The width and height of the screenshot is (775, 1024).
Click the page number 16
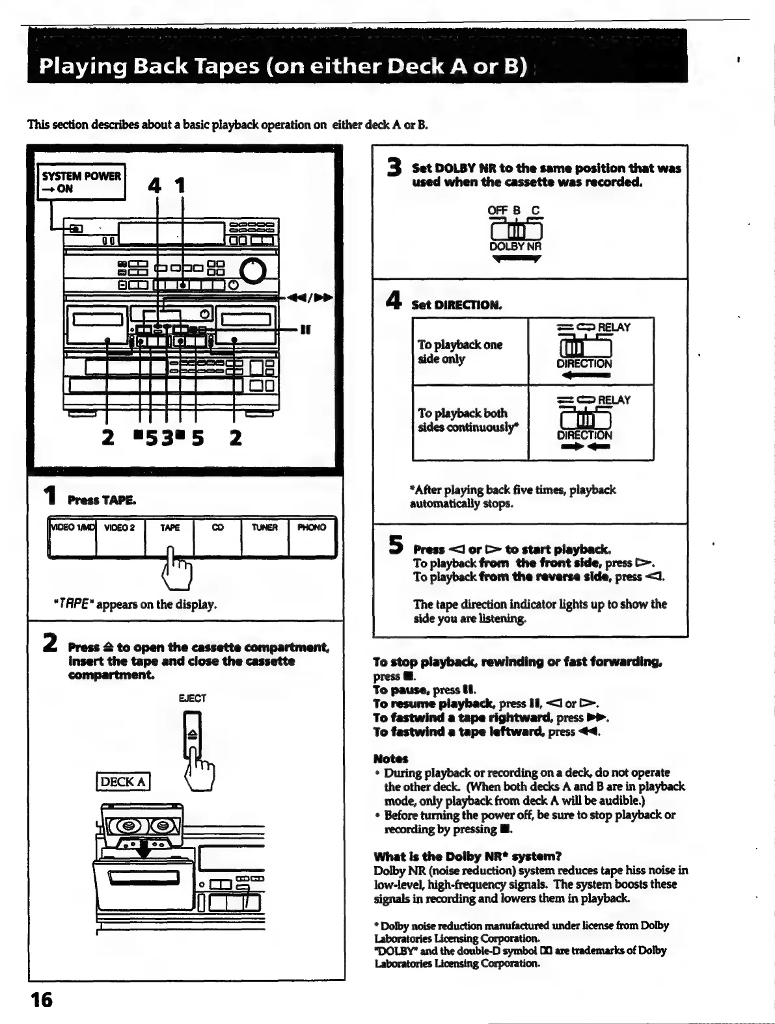41,1000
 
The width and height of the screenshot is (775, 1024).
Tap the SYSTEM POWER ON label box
81,182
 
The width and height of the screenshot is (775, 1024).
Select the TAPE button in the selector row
169,536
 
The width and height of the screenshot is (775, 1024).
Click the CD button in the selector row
217,536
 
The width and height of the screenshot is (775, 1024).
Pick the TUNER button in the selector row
265,536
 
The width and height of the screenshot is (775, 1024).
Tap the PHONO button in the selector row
312,536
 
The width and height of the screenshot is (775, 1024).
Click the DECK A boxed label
123,781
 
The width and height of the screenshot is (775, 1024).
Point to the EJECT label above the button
192,698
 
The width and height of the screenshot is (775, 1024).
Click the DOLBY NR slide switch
515,231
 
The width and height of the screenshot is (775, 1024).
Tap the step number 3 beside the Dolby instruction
393,169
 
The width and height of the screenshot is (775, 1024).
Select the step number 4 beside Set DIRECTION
393,300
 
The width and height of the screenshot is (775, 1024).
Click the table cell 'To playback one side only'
470,352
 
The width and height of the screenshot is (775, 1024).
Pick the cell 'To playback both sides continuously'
470,421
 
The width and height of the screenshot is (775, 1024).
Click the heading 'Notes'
390,759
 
